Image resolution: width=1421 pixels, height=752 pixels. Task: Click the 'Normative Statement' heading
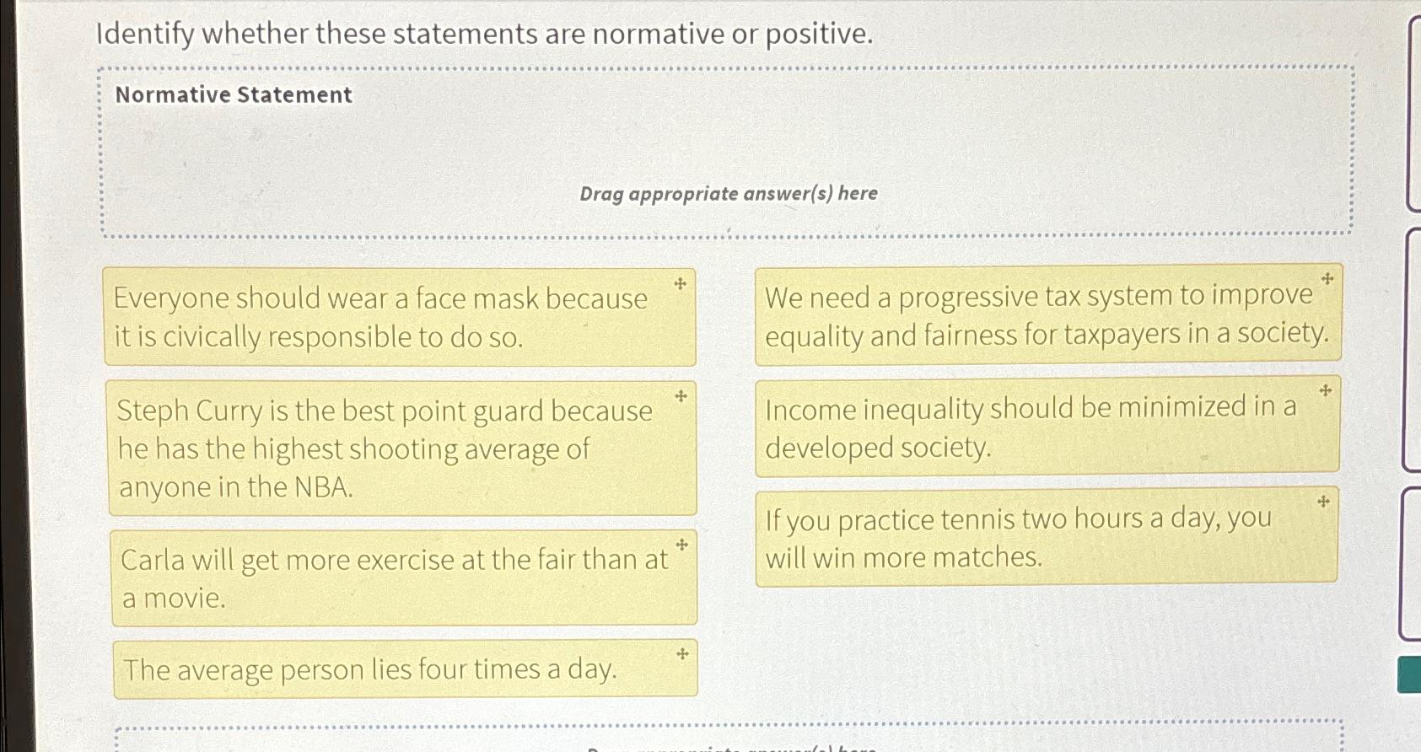[234, 94]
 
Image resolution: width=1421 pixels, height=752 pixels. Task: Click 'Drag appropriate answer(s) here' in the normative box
[728, 193]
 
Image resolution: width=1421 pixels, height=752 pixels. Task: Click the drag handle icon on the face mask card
[680, 284]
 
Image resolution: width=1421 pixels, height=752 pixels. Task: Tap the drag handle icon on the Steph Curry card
[681, 395]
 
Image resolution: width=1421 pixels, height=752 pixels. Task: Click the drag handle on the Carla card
[681, 545]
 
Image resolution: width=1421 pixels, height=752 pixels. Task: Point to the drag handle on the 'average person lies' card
[681, 653]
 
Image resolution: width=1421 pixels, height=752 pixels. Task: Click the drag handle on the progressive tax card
[1327, 278]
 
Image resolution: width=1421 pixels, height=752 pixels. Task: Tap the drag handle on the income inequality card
[1325, 390]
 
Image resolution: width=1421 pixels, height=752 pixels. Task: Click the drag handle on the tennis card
[1323, 502]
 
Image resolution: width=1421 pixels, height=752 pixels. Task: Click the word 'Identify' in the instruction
[145, 34]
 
